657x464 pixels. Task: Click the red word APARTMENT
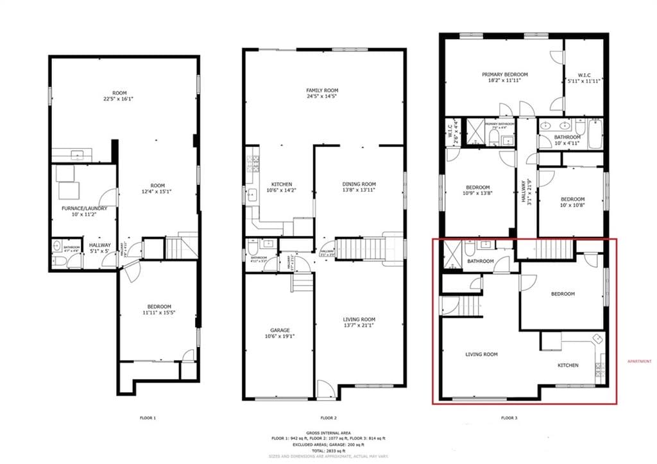click(x=638, y=361)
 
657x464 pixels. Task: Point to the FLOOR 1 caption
click(x=148, y=418)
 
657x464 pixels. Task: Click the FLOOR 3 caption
click(x=509, y=418)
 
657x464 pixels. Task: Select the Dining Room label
click(x=359, y=187)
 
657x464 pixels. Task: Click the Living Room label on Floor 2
click(x=359, y=323)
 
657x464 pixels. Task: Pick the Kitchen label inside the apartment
click(x=567, y=365)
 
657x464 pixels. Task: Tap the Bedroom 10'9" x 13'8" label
click(x=477, y=191)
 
